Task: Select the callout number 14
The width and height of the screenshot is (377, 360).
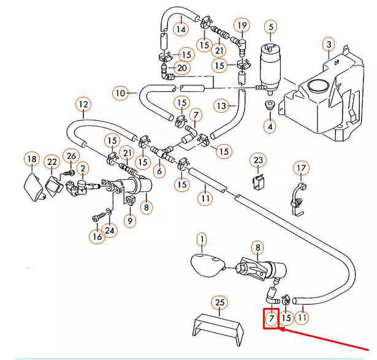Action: coord(180,29)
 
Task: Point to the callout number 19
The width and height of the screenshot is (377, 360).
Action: coord(242,25)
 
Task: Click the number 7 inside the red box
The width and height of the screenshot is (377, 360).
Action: coord(271,318)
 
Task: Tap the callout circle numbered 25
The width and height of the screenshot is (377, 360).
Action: coord(219,302)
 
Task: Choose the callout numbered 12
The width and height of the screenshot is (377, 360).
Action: coord(83,104)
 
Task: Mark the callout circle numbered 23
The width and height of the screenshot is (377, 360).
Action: coord(259,161)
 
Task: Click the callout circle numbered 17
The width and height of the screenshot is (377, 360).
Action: coord(300,167)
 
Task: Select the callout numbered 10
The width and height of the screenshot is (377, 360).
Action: coord(121,93)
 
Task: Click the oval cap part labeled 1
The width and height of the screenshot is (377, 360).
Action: coord(205,264)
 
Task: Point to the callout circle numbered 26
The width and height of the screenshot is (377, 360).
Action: coord(71,156)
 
